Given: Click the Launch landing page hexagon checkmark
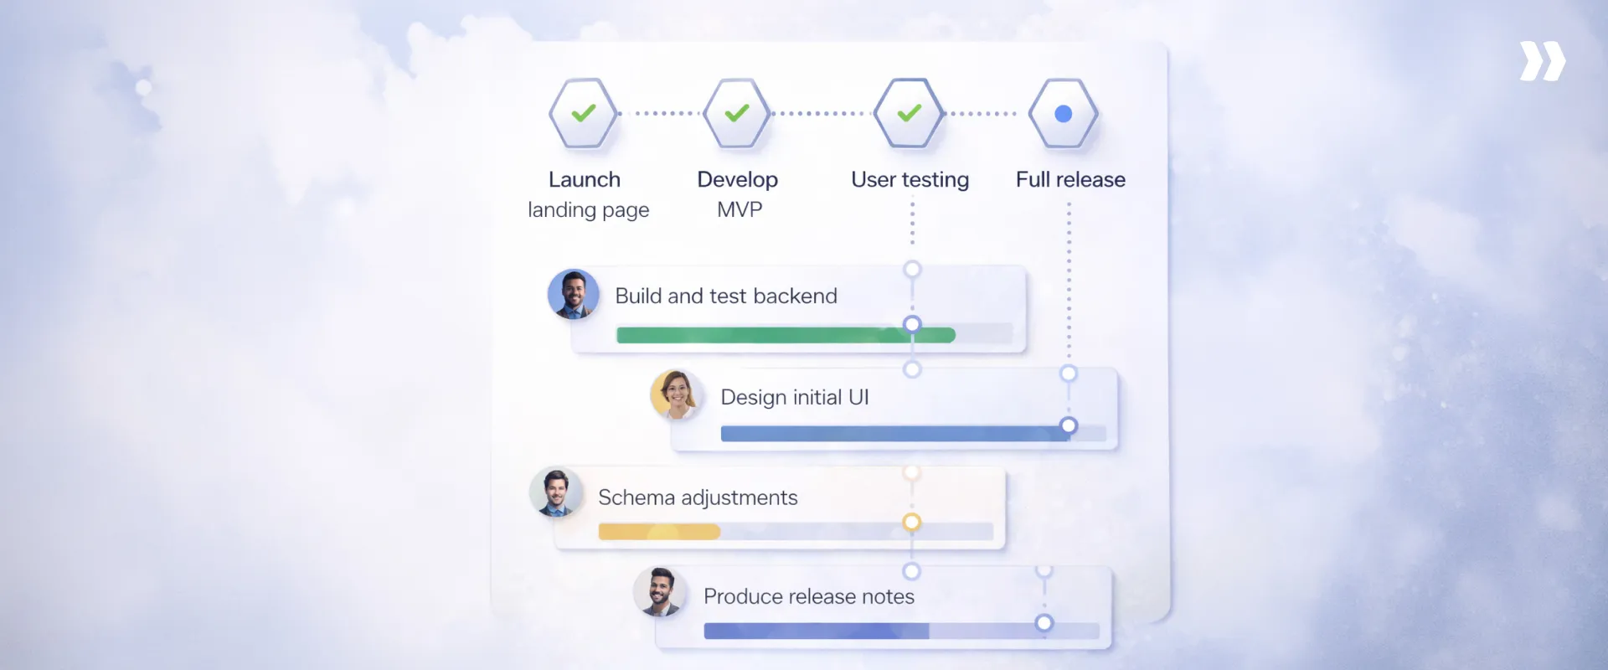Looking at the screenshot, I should (584, 113).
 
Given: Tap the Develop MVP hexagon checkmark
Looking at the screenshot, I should (737, 113).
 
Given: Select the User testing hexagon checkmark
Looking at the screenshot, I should (910, 113).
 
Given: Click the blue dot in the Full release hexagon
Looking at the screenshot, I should (1064, 114).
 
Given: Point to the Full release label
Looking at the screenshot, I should (1070, 179).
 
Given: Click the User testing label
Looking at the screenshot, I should (910, 179).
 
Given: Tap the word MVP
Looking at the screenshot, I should (740, 209).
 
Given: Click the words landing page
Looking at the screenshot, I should (588, 209).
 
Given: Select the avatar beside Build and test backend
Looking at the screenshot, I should (574, 294).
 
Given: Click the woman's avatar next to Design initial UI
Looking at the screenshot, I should (676, 394).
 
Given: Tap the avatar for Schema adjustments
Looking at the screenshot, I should (555, 492).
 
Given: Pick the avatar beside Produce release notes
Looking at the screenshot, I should (660, 592).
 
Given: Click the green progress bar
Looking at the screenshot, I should (762, 335).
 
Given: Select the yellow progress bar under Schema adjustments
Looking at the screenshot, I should (659, 532).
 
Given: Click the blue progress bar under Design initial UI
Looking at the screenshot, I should (888, 434).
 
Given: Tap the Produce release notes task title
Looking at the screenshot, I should (809, 596).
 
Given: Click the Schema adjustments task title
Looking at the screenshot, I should (698, 497).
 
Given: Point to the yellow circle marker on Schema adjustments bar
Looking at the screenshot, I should (911, 523).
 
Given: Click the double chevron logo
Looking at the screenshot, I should (1542, 61).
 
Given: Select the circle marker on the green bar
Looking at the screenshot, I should (912, 325).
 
